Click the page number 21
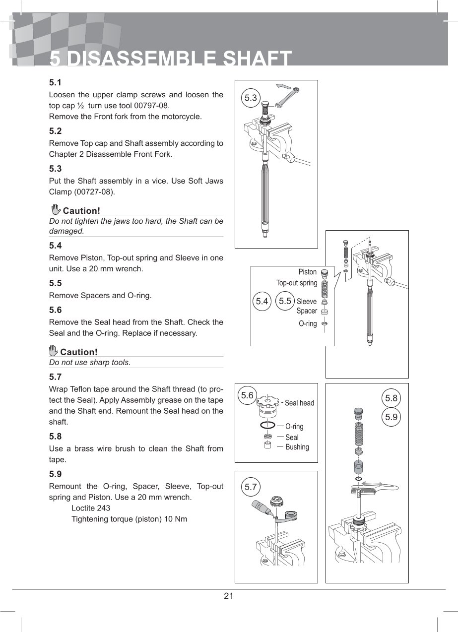click(228, 596)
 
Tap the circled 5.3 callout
click(251, 98)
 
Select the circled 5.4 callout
click(262, 301)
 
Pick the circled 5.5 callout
click(285, 301)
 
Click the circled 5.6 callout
click(247, 395)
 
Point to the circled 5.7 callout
click(251, 487)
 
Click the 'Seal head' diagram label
click(299, 403)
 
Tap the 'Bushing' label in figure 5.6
click(297, 447)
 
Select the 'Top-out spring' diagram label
click(297, 283)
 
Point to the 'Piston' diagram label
click(308, 272)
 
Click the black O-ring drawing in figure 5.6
click(267, 426)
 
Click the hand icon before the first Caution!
click(56, 209)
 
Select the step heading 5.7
click(55, 377)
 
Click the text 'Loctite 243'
click(91, 508)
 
